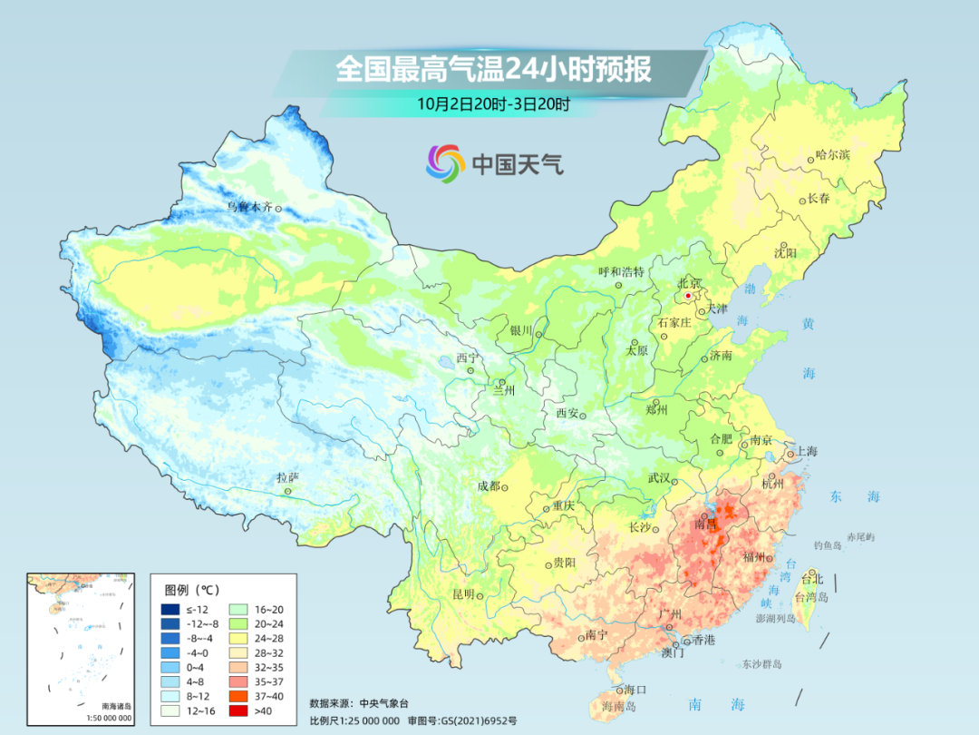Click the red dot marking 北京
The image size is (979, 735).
[688, 296]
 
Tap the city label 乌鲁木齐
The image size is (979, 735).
[249, 208]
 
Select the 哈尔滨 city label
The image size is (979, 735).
[832, 155]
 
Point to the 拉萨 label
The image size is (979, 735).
[287, 477]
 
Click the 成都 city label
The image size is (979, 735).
[489, 486]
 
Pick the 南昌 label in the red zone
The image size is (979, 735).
[705, 524]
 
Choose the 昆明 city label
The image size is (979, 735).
[463, 594]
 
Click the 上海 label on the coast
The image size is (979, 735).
[806, 452]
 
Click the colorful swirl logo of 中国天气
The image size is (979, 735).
[445, 163]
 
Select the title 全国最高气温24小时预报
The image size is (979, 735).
[493, 70]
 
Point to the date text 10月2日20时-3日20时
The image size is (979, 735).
[493, 103]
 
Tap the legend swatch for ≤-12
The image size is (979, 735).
[170, 609]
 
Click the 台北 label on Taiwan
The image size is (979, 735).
[813, 579]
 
